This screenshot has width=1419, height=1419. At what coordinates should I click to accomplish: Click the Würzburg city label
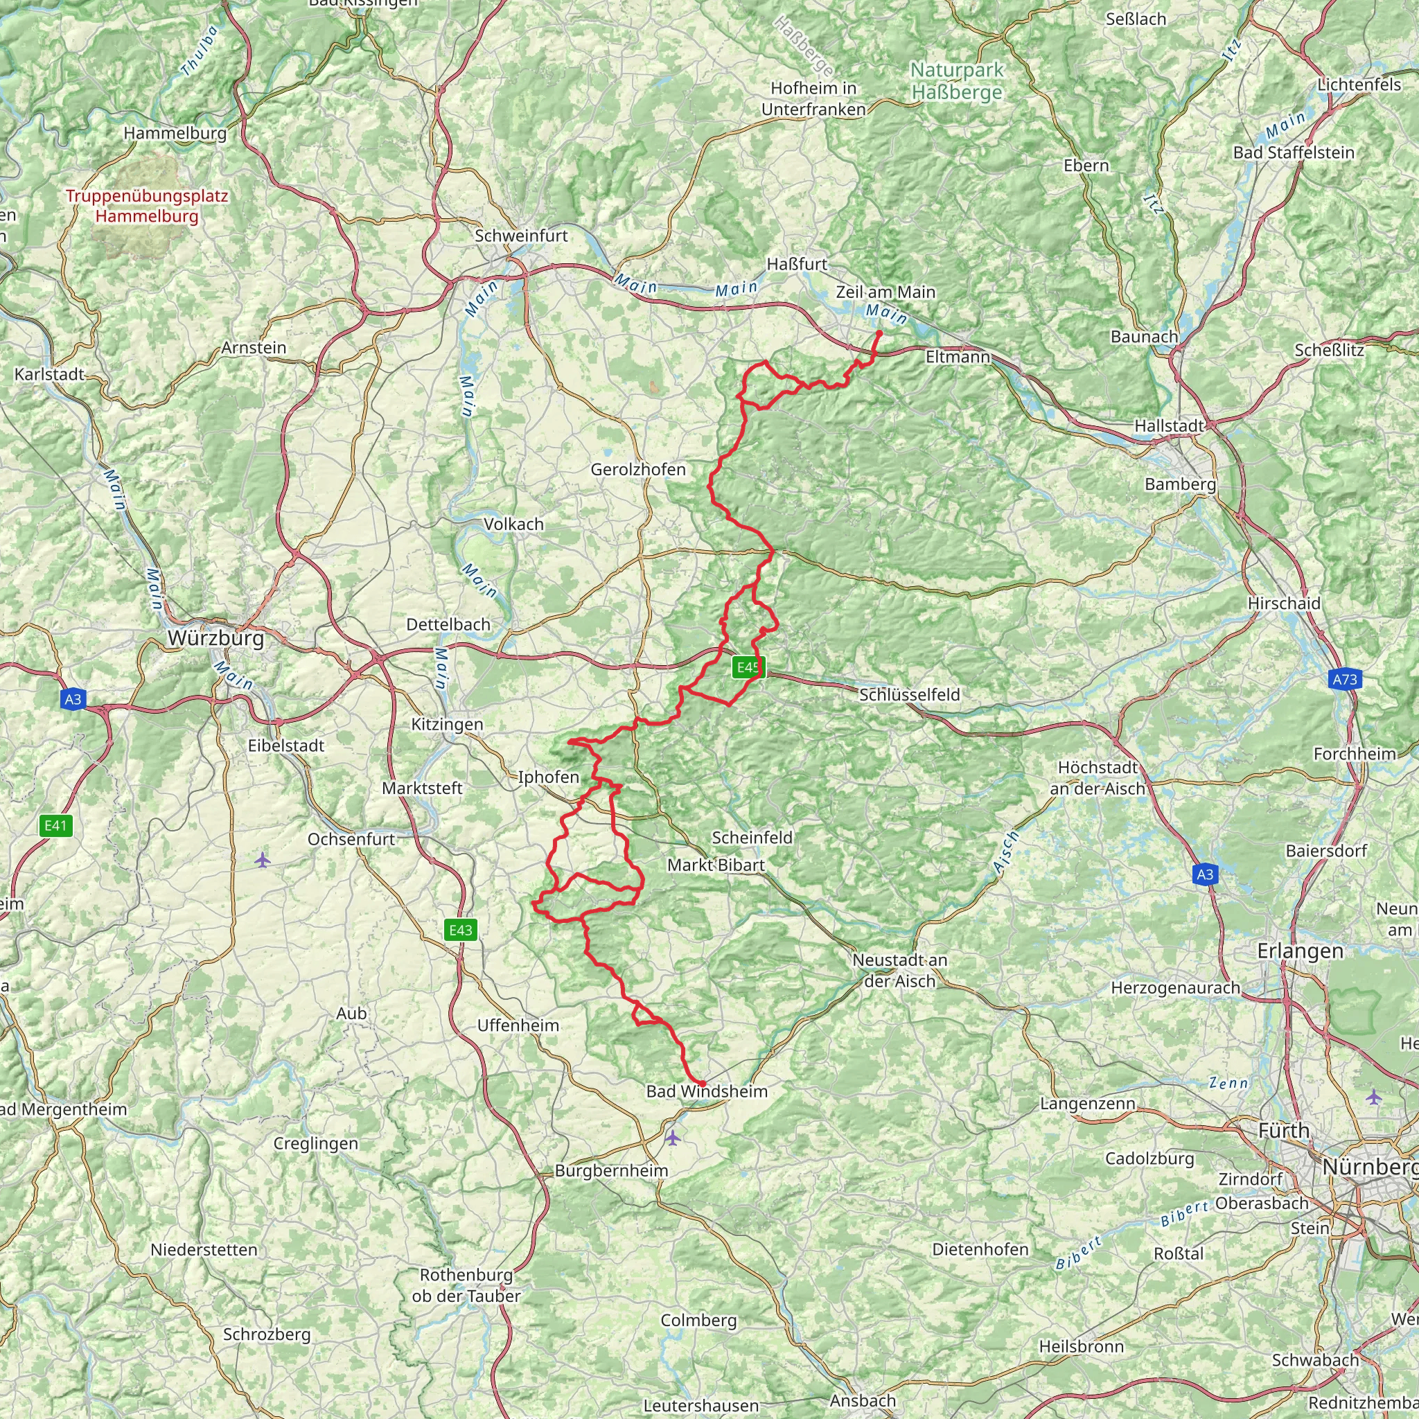pos(215,637)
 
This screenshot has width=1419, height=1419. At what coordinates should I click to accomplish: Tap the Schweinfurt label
pos(521,236)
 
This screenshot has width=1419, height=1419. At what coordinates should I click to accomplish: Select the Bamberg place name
pos(1179,484)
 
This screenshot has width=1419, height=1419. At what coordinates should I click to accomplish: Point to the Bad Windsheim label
pos(707,1091)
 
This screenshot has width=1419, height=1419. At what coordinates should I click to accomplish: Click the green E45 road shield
pos(748,667)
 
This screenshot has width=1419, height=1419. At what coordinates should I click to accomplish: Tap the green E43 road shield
pos(461,930)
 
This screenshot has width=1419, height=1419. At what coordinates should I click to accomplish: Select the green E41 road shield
pos(55,825)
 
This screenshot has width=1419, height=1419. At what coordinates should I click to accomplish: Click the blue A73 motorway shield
pos(1344,680)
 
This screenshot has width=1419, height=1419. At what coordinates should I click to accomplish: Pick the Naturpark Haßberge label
pos(956,81)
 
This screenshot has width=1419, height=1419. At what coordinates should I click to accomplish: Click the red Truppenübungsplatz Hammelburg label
pos(147,206)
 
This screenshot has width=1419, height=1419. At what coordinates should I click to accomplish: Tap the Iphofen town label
pos(548,777)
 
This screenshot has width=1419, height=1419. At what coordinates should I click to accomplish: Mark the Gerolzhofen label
pos(637,469)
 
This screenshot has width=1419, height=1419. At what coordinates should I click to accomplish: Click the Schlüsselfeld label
pos(909,694)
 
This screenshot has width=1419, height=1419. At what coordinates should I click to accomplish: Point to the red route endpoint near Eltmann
pos(879,333)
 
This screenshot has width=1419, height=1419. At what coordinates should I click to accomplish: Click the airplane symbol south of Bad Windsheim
pos(673,1138)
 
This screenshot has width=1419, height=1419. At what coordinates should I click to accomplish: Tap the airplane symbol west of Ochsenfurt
pos(263,859)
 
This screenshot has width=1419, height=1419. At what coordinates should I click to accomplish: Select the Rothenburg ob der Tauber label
pos(466,1285)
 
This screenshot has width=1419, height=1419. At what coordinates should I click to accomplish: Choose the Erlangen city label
pos(1300,951)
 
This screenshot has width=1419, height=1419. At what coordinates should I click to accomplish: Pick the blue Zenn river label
pos(1228,1083)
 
